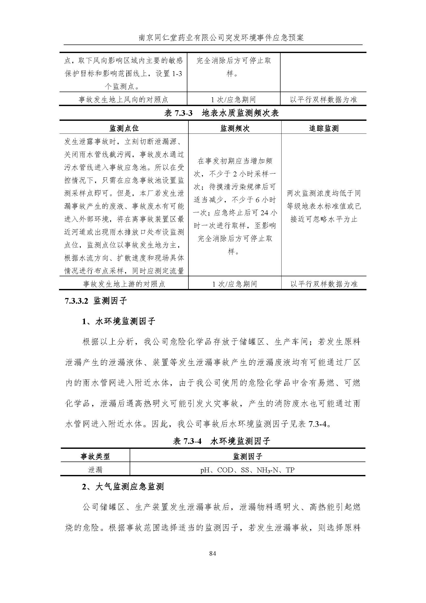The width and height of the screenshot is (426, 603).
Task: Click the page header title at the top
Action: point(221,38)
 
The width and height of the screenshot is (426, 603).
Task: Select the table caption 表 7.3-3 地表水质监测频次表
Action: point(221,113)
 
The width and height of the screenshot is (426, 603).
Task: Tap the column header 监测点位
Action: point(124,128)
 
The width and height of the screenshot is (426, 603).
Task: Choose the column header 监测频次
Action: point(235,128)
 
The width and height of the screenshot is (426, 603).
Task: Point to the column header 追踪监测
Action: point(324,128)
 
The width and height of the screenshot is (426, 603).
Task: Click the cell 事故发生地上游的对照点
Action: point(124,284)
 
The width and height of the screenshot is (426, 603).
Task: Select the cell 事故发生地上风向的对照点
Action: point(123,100)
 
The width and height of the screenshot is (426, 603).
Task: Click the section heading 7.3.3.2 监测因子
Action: point(96,301)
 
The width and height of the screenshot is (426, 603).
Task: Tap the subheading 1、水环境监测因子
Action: point(118,321)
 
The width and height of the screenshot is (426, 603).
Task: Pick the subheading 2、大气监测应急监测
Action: point(123,487)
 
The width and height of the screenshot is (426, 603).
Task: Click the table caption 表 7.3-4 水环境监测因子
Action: point(221,442)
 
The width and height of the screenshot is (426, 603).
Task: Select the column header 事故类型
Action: point(95,456)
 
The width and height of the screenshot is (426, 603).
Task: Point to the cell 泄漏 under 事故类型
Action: point(95,470)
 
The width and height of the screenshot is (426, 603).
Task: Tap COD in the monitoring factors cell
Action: point(225,470)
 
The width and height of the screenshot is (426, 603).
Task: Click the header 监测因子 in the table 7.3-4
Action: point(248,456)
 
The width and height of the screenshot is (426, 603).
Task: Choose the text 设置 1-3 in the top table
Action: point(169,74)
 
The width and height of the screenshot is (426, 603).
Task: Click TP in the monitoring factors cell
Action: point(290,470)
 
